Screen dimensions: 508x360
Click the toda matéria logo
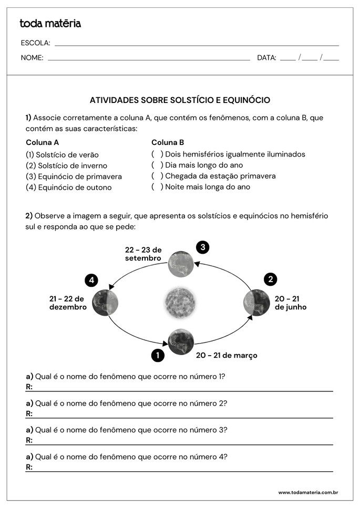click(x=50, y=24)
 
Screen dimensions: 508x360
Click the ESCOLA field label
click(x=35, y=43)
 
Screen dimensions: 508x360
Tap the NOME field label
click(x=32, y=58)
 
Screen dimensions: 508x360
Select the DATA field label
click(x=266, y=58)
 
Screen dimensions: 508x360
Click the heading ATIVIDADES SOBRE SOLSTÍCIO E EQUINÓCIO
click(x=180, y=100)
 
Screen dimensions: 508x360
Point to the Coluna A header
click(x=42, y=142)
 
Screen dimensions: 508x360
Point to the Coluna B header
click(x=168, y=142)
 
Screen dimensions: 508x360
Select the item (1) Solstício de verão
click(x=62, y=155)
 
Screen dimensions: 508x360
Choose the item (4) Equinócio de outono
click(x=68, y=188)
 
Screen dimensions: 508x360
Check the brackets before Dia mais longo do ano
click(x=157, y=165)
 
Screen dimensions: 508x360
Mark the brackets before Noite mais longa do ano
click(x=157, y=186)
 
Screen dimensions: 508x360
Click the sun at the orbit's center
click(x=180, y=303)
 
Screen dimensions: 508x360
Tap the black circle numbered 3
click(x=202, y=247)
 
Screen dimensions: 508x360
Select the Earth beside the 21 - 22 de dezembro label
click(x=105, y=303)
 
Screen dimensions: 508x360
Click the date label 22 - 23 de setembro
click(x=143, y=254)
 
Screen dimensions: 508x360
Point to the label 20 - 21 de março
click(x=227, y=356)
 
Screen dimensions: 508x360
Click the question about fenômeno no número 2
click(x=126, y=403)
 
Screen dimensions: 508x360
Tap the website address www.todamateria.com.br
click(x=307, y=493)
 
